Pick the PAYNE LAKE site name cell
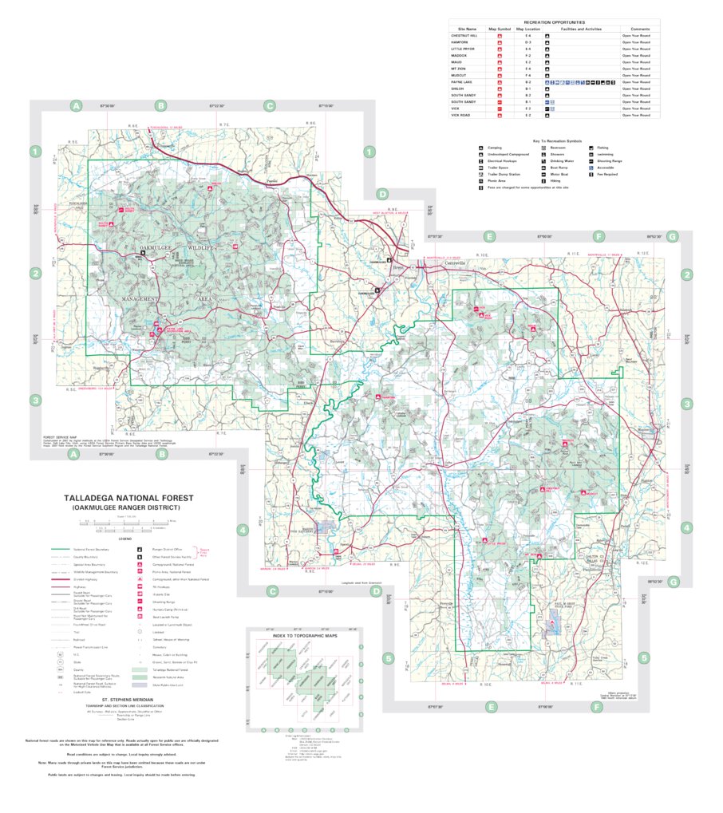(461, 82)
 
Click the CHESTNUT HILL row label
(464, 36)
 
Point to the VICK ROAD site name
(460, 116)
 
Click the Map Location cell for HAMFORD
(527, 42)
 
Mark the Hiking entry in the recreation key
(555, 181)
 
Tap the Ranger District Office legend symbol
(140, 550)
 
